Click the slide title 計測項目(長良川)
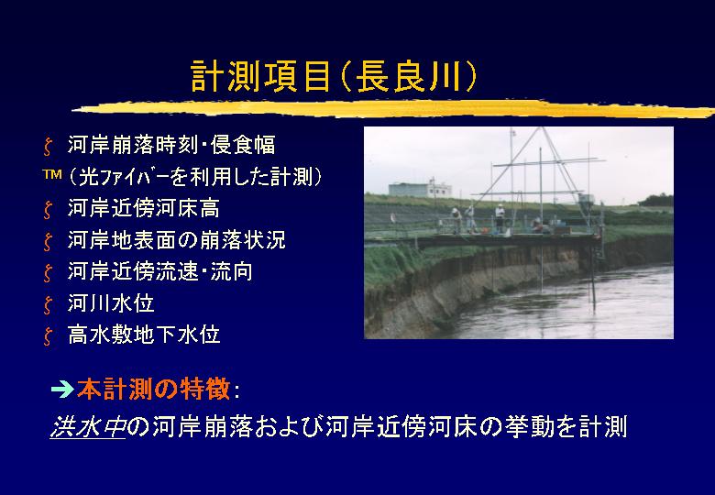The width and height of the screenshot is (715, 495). click(334, 76)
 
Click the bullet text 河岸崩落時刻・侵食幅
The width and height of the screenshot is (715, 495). click(171, 145)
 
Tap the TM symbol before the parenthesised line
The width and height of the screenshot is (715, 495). click(52, 174)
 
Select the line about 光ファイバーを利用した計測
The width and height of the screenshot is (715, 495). click(195, 177)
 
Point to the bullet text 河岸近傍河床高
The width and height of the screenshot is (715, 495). click(144, 208)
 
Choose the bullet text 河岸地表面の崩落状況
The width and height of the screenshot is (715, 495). click(177, 240)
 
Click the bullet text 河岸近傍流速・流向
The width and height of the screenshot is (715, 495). click(160, 271)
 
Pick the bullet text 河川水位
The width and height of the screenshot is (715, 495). click(111, 303)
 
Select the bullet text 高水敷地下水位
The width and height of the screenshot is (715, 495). click(144, 335)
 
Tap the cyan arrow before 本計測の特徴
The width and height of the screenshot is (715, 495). click(62, 390)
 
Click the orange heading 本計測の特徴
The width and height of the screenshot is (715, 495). click(153, 390)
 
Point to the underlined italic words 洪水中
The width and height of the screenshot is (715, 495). click(88, 427)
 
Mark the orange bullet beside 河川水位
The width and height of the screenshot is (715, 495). click(48, 305)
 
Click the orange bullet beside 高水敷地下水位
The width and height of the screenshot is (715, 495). click(48, 336)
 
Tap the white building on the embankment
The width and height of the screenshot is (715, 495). click(420, 188)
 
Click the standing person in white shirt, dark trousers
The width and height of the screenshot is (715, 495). click(500, 218)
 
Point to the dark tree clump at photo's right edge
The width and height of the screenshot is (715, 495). click(656, 200)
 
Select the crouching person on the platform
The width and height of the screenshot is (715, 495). click(537, 225)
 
